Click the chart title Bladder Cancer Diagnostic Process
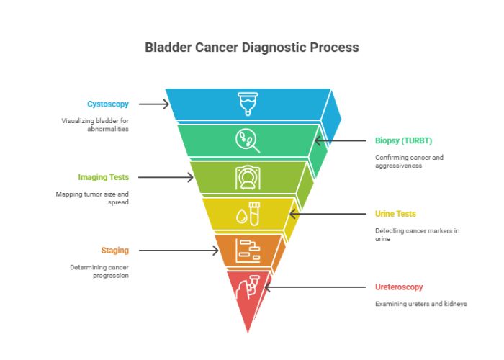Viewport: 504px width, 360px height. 251,48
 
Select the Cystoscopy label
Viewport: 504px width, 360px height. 108,104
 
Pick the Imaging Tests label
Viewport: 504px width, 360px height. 104,177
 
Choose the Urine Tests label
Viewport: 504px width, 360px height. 395,214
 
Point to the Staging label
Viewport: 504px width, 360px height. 115,251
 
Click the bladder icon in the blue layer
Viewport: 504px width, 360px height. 248,103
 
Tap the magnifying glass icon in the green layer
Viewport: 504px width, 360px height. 248,140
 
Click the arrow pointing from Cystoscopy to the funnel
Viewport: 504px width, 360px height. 153,104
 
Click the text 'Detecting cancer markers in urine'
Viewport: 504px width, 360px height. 417,234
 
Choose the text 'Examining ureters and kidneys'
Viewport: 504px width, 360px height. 420,304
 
